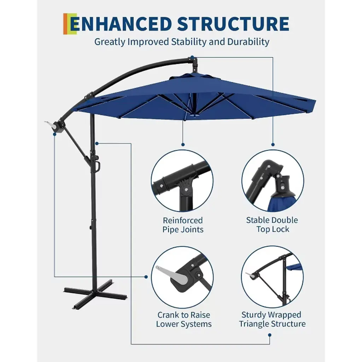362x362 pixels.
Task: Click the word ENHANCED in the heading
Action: tap(121, 24)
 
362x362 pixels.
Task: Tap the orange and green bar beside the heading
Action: tap(70, 24)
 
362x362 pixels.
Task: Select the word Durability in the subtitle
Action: tap(248, 42)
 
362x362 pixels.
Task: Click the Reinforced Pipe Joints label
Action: tap(183, 225)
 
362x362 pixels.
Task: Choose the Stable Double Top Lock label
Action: tap(272, 224)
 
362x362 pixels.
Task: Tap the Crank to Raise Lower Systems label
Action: tap(184, 319)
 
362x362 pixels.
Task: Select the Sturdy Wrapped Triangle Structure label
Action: tap(272, 319)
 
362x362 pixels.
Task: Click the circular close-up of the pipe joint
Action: tap(182, 181)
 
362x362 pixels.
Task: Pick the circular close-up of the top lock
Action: tap(273, 181)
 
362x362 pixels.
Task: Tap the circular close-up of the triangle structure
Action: tap(273, 277)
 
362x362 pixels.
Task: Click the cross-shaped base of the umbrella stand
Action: tap(95, 294)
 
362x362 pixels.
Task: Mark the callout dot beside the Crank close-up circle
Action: tap(146, 277)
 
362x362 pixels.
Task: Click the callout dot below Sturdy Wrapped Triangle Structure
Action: tap(270, 335)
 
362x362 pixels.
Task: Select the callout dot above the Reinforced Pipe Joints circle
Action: tap(183, 145)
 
